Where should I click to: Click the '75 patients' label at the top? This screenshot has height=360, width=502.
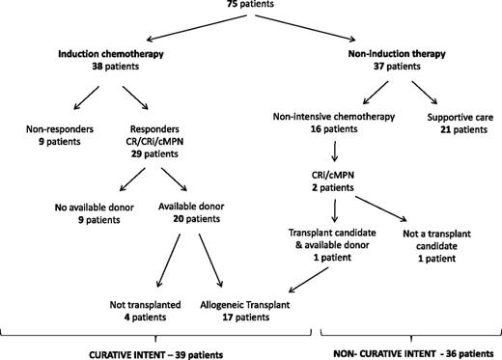(x=250, y=5)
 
